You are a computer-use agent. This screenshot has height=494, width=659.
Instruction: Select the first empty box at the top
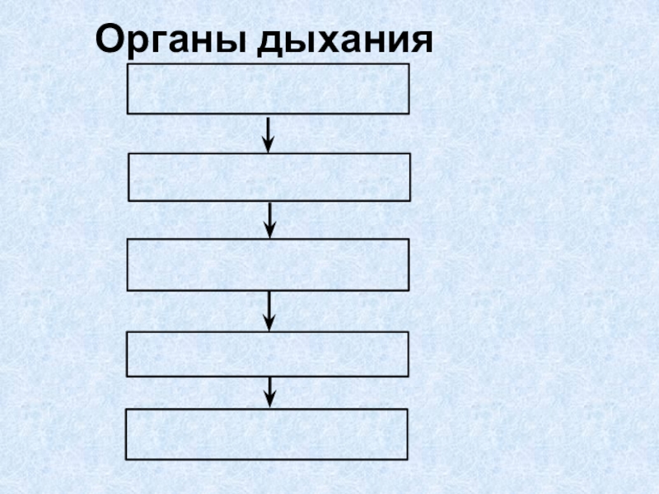[x=268, y=89]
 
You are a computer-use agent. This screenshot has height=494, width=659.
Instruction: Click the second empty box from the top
[x=269, y=177]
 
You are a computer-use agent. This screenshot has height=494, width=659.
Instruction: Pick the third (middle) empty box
[x=268, y=265]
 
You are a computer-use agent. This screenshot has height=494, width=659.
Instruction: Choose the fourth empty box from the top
[x=268, y=353]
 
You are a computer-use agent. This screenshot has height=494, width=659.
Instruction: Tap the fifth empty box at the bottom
[x=267, y=434]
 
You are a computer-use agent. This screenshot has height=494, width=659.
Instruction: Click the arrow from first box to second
[x=268, y=133]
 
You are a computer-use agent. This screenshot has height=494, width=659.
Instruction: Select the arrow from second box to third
[x=270, y=220]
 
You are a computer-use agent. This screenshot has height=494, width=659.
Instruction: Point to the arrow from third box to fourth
[x=269, y=310]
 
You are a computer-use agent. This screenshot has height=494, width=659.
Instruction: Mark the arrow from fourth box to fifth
[x=269, y=392]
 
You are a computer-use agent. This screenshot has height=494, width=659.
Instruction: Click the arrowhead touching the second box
[x=268, y=146]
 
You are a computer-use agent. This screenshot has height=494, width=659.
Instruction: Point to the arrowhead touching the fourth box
[x=269, y=324]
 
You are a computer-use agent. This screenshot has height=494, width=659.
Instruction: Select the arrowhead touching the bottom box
[x=269, y=401]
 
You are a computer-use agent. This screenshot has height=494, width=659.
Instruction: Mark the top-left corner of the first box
[x=128, y=65]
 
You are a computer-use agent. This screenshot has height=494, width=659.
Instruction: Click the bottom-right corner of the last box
[x=408, y=459]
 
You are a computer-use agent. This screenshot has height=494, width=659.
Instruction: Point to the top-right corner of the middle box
[x=409, y=240]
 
